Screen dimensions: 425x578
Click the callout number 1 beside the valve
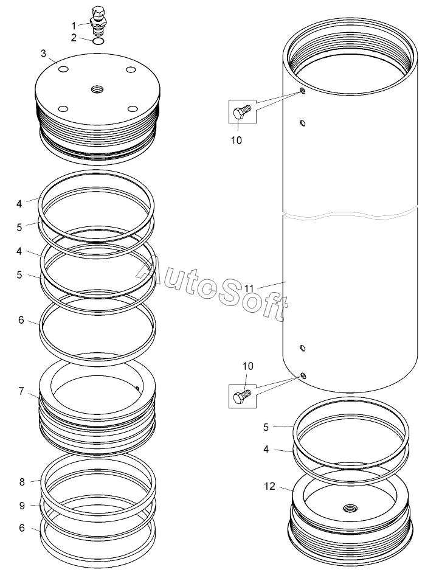click(74, 26)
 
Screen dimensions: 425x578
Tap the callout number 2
click(74, 38)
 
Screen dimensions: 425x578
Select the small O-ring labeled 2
click(98, 41)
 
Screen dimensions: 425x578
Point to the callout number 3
click(43, 54)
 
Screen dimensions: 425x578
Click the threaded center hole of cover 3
click(98, 89)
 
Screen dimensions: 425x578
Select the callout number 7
click(21, 391)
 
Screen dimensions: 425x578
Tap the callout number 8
click(22, 482)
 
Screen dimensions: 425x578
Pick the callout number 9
click(22, 506)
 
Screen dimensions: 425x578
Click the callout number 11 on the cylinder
click(249, 288)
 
